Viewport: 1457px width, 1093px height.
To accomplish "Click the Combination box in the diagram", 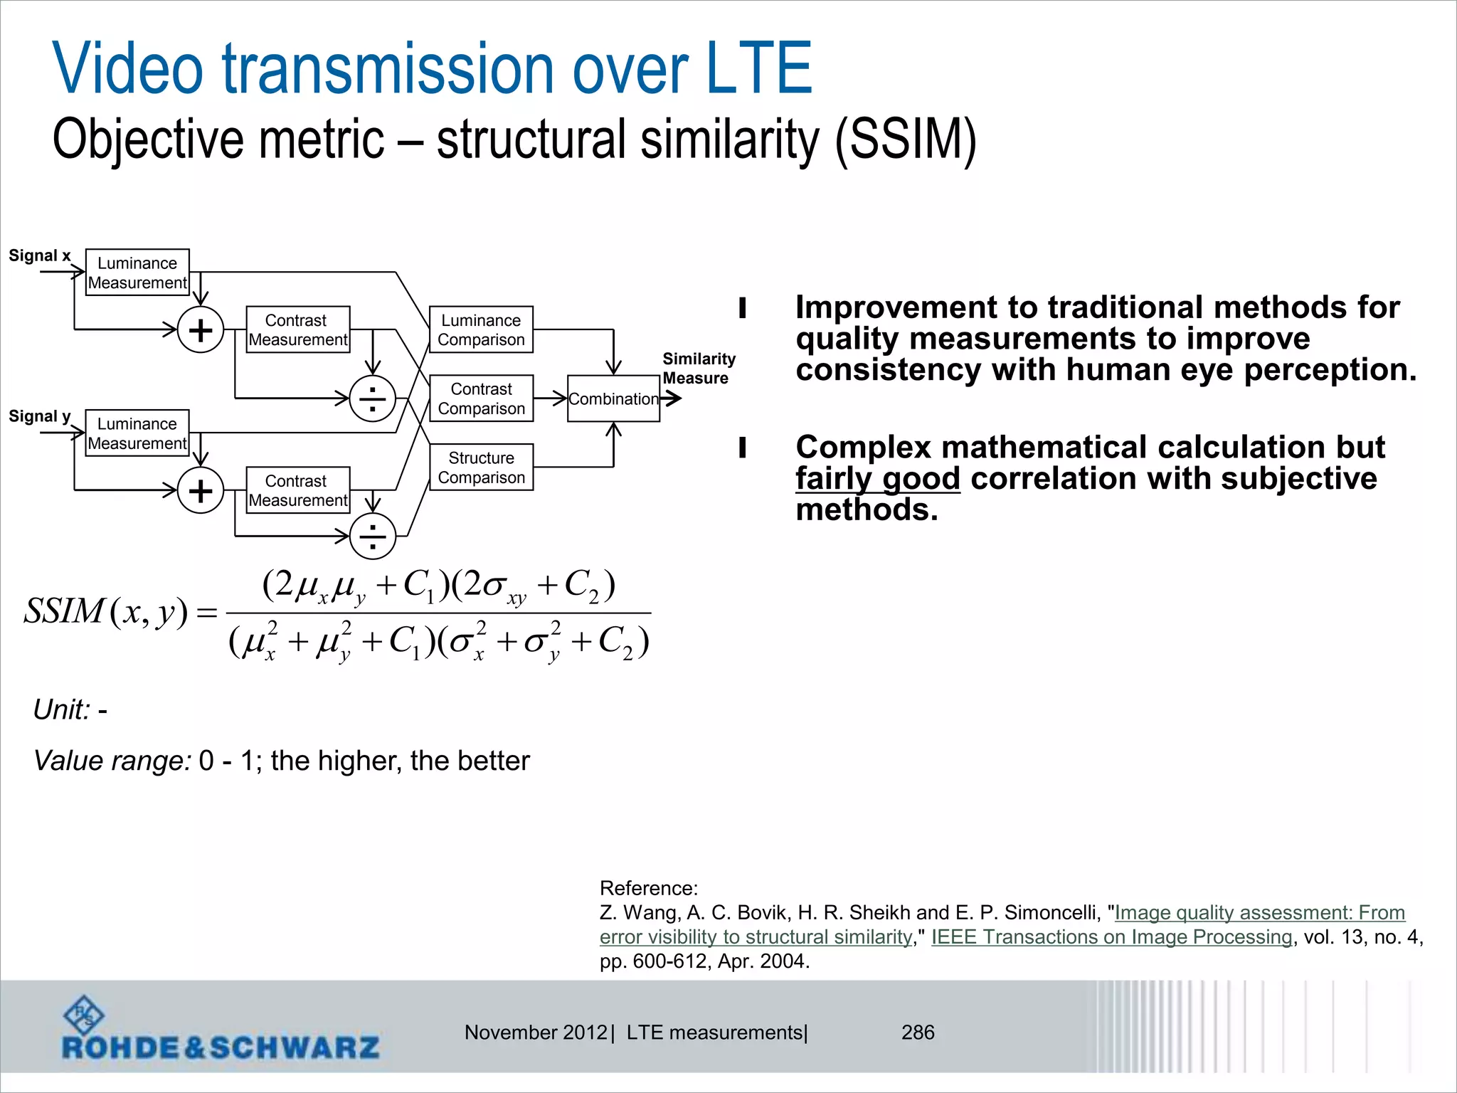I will pyautogui.click(x=613, y=398).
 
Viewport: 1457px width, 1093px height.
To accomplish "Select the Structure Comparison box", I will pyautogui.click(x=481, y=468).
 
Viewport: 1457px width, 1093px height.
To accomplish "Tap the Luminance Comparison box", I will pyautogui.click(x=481, y=329).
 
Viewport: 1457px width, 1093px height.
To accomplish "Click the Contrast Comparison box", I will pyautogui.click(x=481, y=398).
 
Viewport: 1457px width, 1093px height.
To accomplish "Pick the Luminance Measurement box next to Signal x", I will pyautogui.click(x=137, y=273).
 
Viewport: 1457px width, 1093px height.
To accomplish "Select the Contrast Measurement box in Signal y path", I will pyautogui.click(x=298, y=490).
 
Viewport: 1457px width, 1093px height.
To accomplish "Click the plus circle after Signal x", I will pyautogui.click(x=201, y=330).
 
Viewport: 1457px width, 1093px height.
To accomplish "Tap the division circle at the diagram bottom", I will pyautogui.click(x=373, y=536).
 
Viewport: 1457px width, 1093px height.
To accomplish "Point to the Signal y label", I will pyautogui.click(x=40, y=416).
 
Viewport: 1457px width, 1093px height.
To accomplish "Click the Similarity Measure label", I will pyautogui.click(x=698, y=368).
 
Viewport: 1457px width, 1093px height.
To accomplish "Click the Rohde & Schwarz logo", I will pyautogui.click(x=221, y=1031).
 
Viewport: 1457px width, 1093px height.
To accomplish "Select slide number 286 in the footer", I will pyautogui.click(x=918, y=1032).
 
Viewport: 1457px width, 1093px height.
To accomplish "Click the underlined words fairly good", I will pyautogui.click(x=877, y=478).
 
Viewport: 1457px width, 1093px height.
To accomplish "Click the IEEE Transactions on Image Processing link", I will pyautogui.click(x=1111, y=936).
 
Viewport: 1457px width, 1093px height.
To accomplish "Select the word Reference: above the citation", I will pyautogui.click(x=649, y=888).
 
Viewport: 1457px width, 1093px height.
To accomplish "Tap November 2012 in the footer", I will pyautogui.click(x=536, y=1032).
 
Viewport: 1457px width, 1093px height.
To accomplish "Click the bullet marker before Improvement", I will pyautogui.click(x=743, y=308).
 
